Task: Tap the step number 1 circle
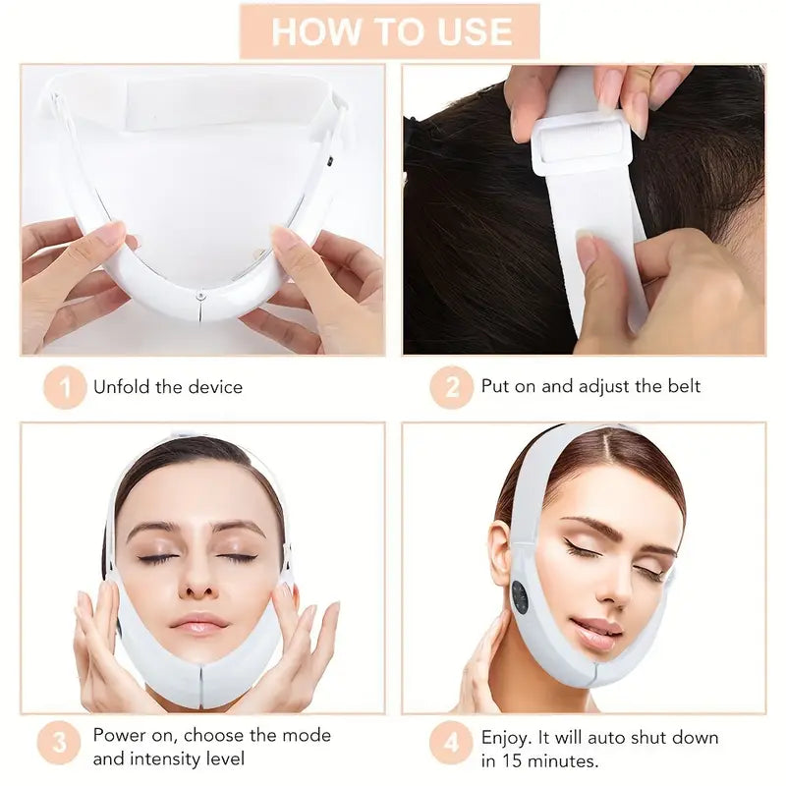coord(65,387)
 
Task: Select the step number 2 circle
coord(452,387)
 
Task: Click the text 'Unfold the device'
coord(167,387)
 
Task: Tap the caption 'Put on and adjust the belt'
coord(590,387)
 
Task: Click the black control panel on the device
coord(519,596)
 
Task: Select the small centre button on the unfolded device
coord(199,295)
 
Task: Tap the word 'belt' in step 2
coord(682,387)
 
